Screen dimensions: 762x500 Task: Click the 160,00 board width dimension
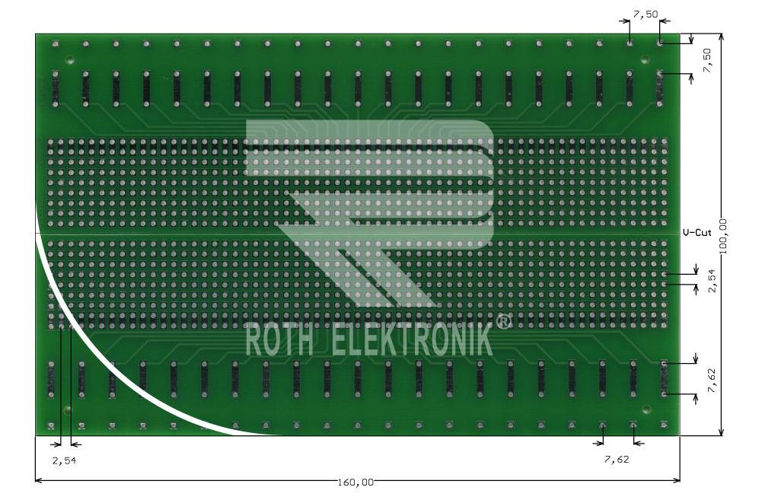pyautogui.click(x=355, y=482)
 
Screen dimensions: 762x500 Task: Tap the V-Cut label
pyautogui.click(x=697, y=232)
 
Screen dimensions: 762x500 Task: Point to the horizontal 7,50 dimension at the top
pyautogui.click(x=646, y=14)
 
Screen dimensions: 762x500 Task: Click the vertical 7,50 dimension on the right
pyautogui.click(x=707, y=59)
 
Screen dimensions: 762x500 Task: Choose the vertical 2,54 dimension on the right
pyautogui.click(x=712, y=279)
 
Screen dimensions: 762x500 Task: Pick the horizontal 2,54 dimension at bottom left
pyautogui.click(x=64, y=460)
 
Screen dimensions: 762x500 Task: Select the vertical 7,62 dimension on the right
pyautogui.click(x=711, y=379)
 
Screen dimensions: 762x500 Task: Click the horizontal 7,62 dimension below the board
pyautogui.click(x=617, y=459)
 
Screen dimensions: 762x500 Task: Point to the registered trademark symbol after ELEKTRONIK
pyautogui.click(x=504, y=322)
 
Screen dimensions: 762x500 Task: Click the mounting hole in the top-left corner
pyautogui.click(x=69, y=59)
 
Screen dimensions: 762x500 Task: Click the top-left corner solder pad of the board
pyautogui.click(x=55, y=44)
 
